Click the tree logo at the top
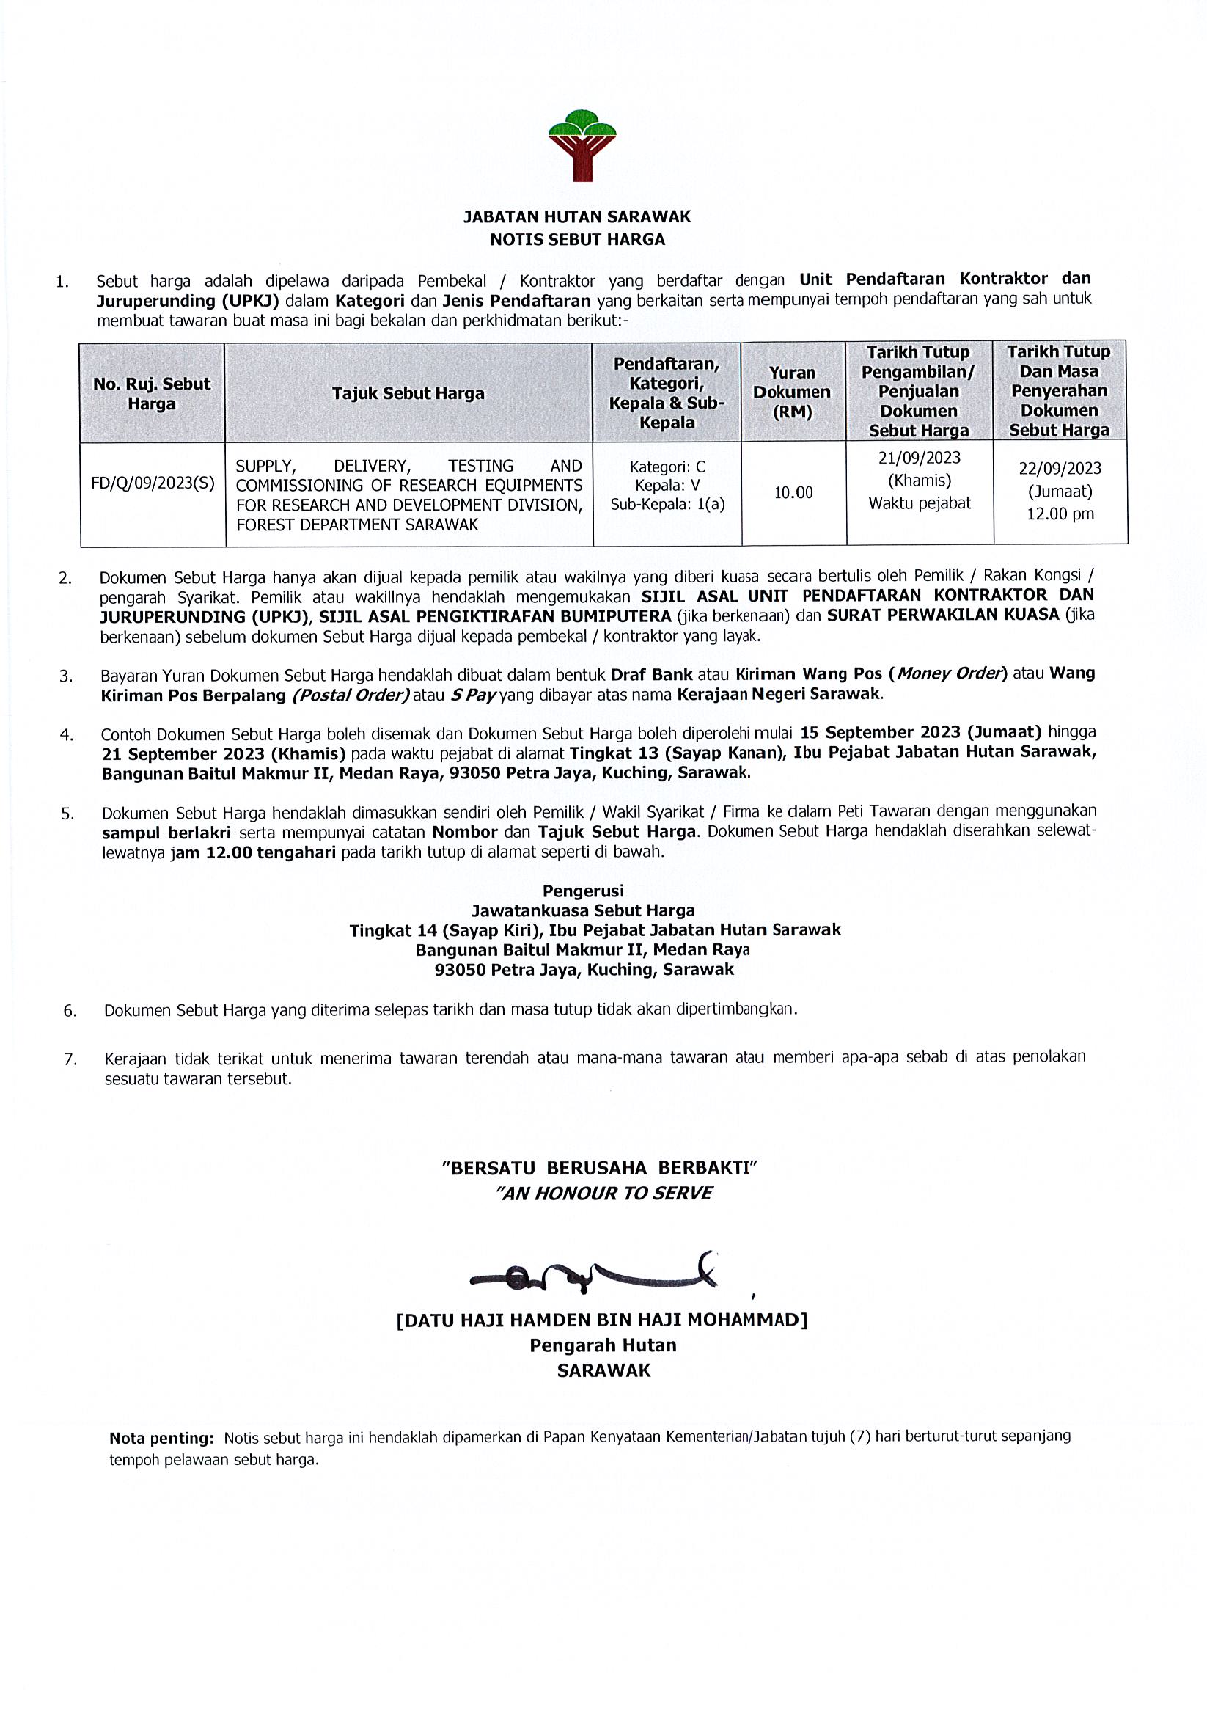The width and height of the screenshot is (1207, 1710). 582,145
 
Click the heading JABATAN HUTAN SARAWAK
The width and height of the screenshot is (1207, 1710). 577,216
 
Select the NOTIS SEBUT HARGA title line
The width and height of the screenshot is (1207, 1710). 577,239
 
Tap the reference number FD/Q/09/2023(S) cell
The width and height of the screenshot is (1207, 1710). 153,483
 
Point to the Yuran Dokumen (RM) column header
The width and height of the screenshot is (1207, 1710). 791,392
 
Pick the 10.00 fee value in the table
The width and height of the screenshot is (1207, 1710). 793,492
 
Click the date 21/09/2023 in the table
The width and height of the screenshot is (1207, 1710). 920,457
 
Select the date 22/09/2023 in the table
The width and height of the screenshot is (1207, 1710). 1060,469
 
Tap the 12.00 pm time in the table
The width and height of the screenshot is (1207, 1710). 1060,514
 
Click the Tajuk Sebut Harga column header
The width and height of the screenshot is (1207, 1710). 408,393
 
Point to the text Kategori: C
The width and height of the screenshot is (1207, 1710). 667,467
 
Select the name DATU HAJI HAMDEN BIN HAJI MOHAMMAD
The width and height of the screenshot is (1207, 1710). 601,1320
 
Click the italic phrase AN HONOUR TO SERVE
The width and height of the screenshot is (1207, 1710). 604,1194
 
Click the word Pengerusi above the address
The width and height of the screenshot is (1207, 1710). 583,891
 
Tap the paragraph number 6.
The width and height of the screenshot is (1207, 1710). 70,1012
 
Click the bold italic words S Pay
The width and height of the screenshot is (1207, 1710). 474,695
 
